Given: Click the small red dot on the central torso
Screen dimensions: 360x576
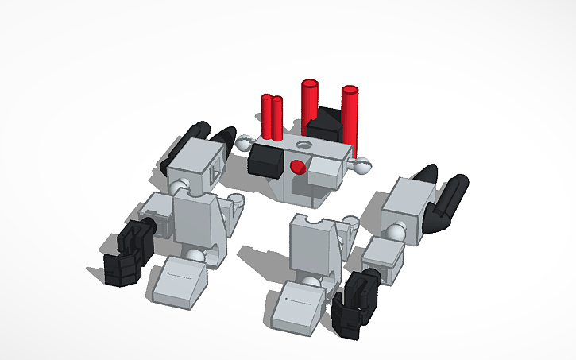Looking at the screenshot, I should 298,166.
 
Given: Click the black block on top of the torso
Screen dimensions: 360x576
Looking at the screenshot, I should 324,126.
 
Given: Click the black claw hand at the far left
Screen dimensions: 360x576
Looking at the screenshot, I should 126,253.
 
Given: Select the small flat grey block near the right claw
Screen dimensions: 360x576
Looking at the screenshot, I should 382,258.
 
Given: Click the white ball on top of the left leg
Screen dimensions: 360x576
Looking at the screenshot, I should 182,188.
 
